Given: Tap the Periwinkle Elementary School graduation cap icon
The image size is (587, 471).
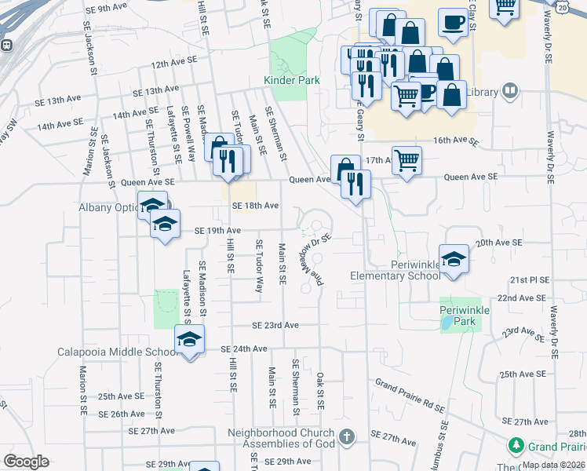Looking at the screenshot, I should (454, 257).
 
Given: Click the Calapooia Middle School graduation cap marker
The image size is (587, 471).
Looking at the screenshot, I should (189, 340).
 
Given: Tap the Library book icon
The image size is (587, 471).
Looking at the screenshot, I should (510, 92).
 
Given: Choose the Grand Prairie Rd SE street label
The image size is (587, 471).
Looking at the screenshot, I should (410, 396).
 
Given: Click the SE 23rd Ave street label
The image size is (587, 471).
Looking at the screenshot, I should (275, 325).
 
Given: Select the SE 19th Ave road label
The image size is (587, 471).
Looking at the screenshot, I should (217, 231).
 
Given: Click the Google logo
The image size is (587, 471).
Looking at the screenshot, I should (26, 462).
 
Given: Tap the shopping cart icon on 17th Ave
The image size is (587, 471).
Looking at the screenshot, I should (407, 162).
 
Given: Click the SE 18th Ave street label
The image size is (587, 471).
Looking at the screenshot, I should (255, 206).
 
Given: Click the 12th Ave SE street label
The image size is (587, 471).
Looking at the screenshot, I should (173, 64).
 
